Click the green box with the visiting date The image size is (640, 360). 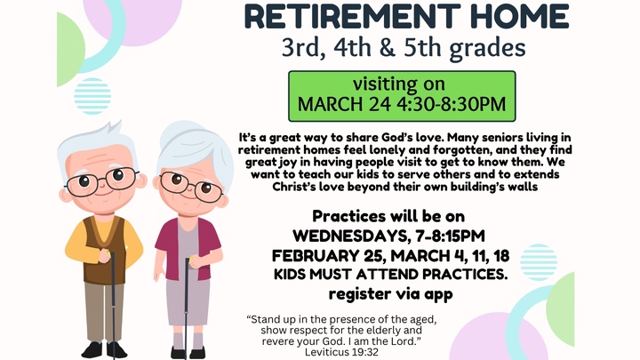[x=402, y=95]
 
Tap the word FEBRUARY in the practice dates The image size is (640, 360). [x=318, y=256]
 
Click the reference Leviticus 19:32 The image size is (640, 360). [x=341, y=351]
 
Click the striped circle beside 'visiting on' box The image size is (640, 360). [x=93, y=96]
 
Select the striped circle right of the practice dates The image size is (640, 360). [x=539, y=262]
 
